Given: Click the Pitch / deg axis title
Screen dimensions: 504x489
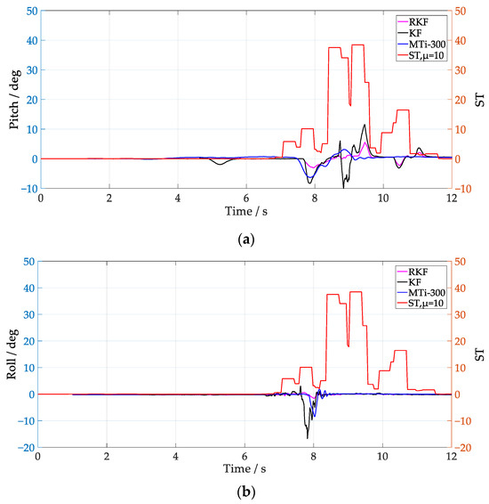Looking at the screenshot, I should pos(15,99).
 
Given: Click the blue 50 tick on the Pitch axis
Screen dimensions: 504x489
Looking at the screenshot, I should pos(29,12).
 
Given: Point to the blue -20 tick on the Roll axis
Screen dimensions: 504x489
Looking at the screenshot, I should pos(27,448).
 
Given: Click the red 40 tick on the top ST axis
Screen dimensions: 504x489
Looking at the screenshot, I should pos(461,41).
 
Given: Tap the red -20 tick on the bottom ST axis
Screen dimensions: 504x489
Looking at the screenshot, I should pos(464,448).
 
